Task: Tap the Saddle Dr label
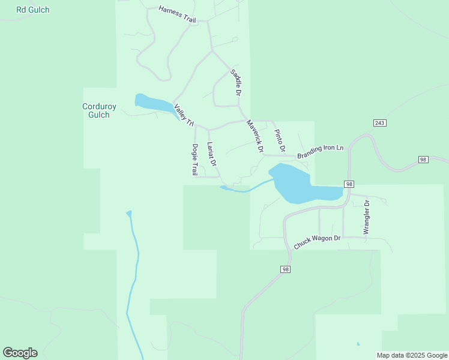[235, 83]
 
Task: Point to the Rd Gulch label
[33, 10]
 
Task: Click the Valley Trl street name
[184, 116]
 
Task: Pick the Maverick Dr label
[255, 135]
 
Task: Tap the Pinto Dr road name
[279, 140]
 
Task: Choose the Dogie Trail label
[195, 159]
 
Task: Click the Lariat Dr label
[211, 154]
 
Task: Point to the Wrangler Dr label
[367, 217]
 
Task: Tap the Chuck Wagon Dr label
[317, 242]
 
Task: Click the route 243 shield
[379, 123]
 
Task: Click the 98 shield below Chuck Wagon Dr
[285, 269]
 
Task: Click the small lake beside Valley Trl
[152, 103]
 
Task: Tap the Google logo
[20, 353]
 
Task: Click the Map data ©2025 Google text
[412, 355]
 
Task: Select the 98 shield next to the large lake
[350, 184]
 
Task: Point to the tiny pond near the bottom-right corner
[358, 344]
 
